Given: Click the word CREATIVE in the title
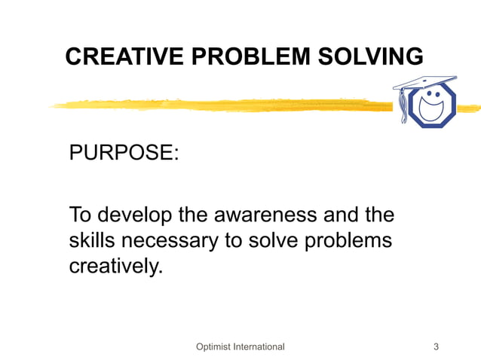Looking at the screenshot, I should pyautogui.click(x=112, y=56).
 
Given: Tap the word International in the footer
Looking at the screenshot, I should pyautogui.click(x=259, y=346).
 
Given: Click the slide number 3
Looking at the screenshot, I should pyautogui.click(x=437, y=346).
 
